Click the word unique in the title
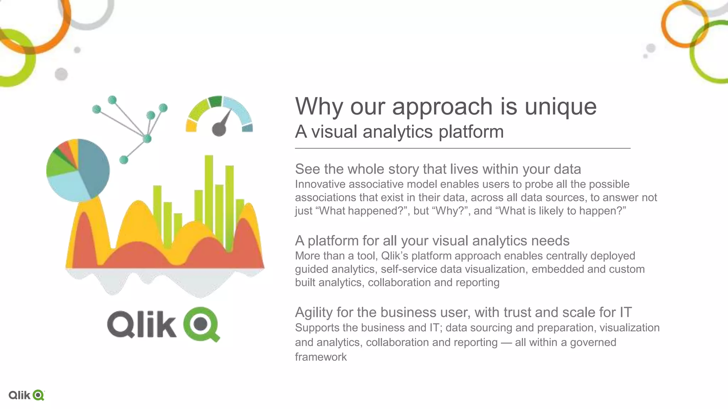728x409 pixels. [561, 107]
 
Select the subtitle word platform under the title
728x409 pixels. [471, 132]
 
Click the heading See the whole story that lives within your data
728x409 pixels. [438, 169]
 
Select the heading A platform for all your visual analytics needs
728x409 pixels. [432, 241]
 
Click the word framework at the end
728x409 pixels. [321, 357]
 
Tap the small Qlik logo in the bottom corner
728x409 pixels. [26, 395]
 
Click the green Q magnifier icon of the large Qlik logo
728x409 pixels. [201, 324]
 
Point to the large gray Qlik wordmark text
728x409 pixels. [141, 324]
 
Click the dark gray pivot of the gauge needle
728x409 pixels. [219, 129]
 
